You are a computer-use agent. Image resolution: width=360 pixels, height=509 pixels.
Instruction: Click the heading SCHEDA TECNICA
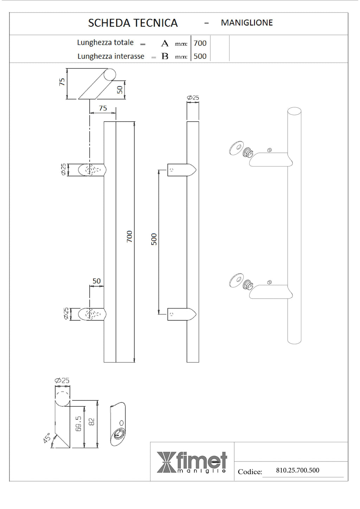click(x=133, y=23)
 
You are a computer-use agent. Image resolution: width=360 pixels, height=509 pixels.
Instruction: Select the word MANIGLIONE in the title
click(x=247, y=23)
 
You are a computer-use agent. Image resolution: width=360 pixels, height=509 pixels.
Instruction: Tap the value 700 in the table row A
click(x=200, y=43)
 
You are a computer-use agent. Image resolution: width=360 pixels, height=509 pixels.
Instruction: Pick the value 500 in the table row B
click(x=200, y=56)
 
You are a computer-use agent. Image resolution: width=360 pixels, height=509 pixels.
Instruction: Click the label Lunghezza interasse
click(x=111, y=56)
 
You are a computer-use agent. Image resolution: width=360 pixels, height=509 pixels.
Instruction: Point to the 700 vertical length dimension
click(x=129, y=236)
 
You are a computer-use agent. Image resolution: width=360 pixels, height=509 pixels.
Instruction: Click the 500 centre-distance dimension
click(x=154, y=239)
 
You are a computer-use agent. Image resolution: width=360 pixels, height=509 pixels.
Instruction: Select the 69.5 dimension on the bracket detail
click(x=78, y=424)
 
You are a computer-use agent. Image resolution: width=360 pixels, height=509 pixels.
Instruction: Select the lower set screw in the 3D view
click(x=269, y=282)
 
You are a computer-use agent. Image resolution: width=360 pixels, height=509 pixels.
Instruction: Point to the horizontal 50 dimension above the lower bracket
click(x=96, y=281)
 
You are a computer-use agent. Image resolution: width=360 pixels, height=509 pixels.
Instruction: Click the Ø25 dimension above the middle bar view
click(x=193, y=98)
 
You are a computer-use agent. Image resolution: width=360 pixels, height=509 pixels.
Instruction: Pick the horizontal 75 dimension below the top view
click(x=103, y=108)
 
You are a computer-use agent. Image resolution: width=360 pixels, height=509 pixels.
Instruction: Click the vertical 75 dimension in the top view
click(x=62, y=82)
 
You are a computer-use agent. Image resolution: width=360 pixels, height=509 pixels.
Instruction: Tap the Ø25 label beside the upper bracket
click(x=63, y=170)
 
